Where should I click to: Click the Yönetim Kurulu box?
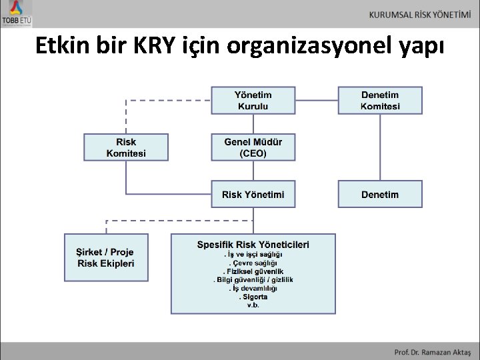[x=253, y=101]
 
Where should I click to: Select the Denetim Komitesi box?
[x=380, y=101]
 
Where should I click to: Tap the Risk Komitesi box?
[x=126, y=147]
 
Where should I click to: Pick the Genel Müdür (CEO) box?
[x=253, y=147]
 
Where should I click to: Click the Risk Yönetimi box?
[x=253, y=194]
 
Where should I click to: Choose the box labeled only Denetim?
[x=380, y=194]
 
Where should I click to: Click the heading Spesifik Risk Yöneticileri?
[x=253, y=244]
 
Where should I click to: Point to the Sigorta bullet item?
[x=253, y=297]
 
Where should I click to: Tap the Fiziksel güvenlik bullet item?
[x=253, y=271]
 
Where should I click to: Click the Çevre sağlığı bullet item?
[x=253, y=263]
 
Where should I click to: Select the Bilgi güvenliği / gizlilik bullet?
[x=253, y=280]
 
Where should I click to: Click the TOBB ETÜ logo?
[x=17, y=14]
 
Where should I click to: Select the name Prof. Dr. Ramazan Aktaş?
[x=431, y=351]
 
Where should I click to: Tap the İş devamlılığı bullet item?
[x=253, y=289]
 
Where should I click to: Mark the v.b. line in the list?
[x=253, y=306]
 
